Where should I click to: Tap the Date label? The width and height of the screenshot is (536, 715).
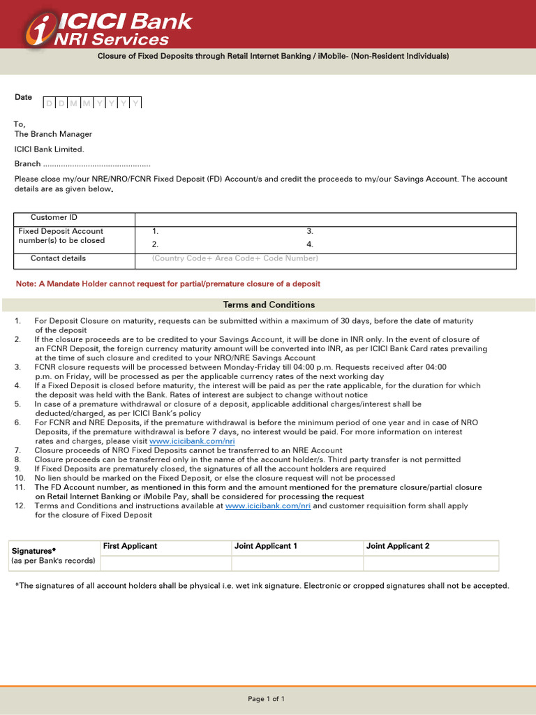click(x=23, y=97)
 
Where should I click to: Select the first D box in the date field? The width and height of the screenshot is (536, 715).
click(x=50, y=103)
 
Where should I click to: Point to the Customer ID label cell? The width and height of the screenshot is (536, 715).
click(x=54, y=218)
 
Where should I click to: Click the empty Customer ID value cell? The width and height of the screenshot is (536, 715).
click(x=325, y=219)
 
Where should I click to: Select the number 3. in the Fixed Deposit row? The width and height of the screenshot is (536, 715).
click(x=310, y=231)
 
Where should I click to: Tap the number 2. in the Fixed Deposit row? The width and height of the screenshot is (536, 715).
click(x=156, y=245)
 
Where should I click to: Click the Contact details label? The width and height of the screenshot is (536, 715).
click(x=58, y=258)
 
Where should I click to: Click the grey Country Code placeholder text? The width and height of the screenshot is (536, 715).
click(x=234, y=258)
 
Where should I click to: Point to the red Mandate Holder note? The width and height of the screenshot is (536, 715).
click(x=168, y=283)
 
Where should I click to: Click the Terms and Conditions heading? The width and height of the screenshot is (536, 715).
click(x=269, y=305)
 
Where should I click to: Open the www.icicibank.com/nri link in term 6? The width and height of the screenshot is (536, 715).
click(x=192, y=441)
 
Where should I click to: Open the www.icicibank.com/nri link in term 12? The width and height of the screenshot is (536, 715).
click(x=268, y=506)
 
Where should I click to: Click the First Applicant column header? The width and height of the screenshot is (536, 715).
click(x=131, y=546)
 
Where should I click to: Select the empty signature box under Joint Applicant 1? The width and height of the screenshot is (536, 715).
click(x=297, y=563)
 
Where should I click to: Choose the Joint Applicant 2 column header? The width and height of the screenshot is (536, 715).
click(x=398, y=546)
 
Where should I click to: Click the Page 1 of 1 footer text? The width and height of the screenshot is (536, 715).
click(x=267, y=699)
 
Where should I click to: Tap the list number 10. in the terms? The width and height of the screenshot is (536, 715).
click(x=20, y=478)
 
